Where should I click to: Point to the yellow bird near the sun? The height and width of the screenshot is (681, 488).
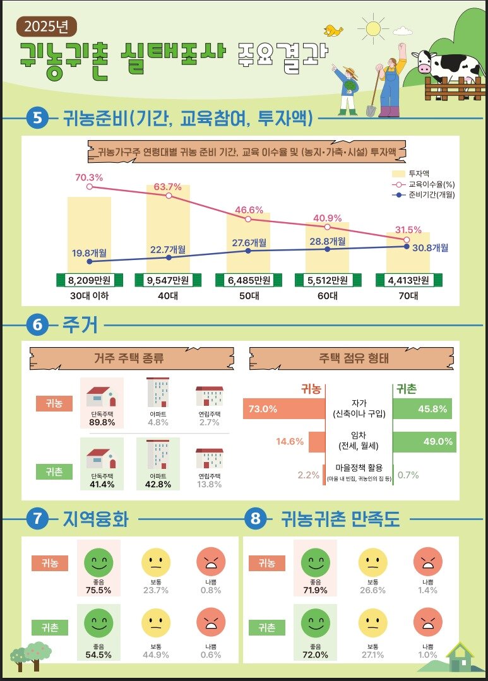coord(333,30)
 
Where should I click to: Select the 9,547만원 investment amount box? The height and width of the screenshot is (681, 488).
coord(168,280)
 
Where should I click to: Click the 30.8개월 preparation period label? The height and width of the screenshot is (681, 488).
coord(431,248)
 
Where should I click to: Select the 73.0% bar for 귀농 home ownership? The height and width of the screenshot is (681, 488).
coord(283,409)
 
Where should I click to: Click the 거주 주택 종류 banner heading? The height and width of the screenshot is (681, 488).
coord(129,359)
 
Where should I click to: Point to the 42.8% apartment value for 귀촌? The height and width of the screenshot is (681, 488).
coord(158,484)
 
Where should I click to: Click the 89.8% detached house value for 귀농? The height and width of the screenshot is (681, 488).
coord(101,422)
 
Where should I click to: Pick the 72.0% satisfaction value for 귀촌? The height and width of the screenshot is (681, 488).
coord(315,654)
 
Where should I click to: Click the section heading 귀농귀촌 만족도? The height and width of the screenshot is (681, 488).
coord(341,519)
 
